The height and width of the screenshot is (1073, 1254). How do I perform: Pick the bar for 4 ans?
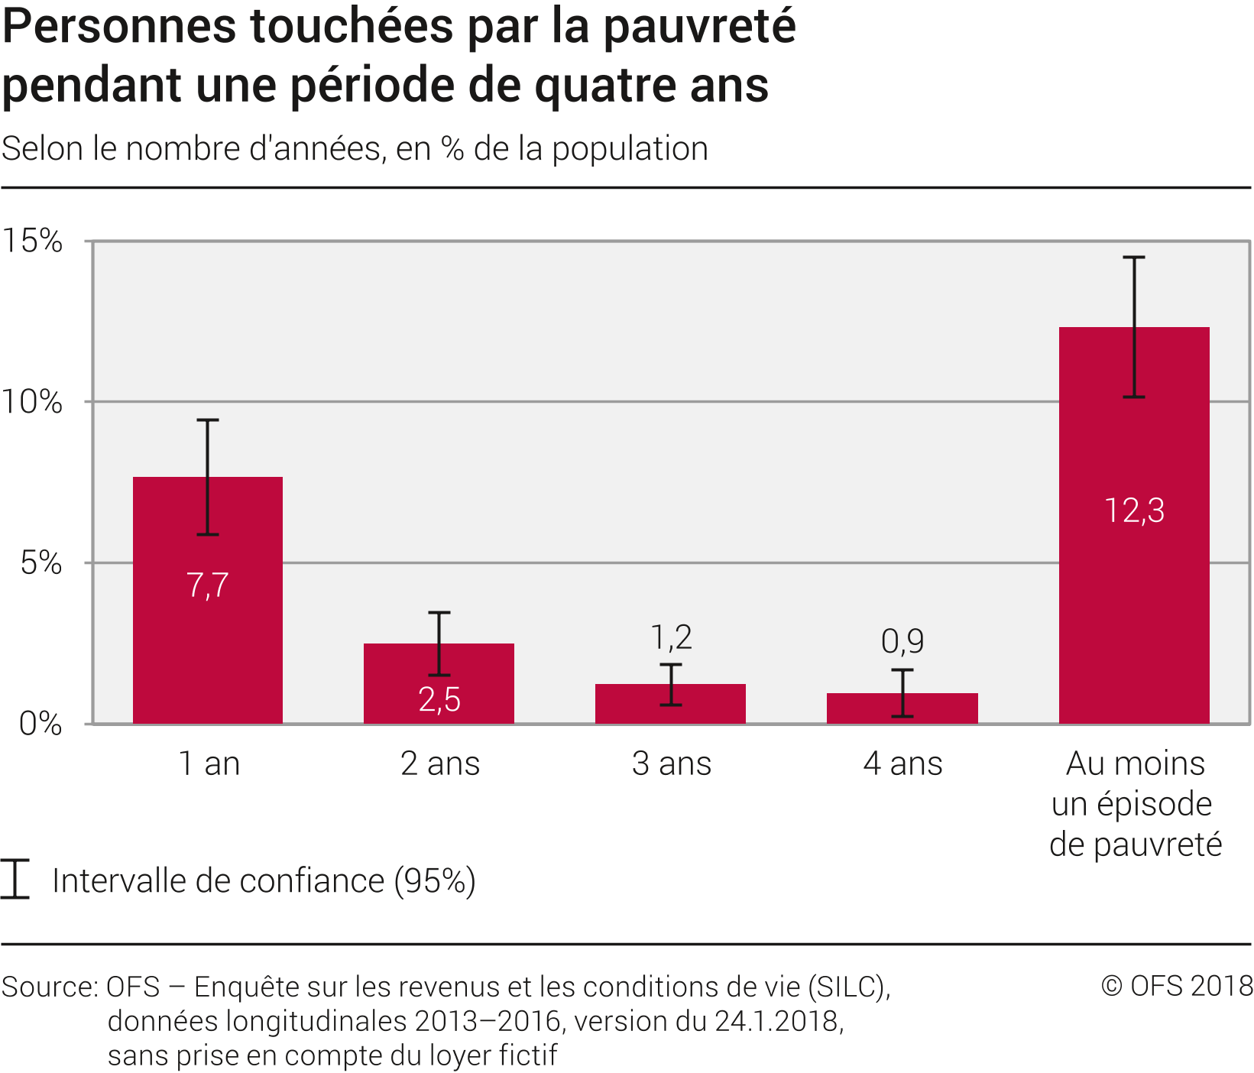902,711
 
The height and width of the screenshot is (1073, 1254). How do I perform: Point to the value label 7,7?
207,585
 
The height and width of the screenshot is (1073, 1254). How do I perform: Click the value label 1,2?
671,637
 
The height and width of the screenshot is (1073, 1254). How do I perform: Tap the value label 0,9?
902,640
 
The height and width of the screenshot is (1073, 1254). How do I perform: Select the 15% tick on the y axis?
32,241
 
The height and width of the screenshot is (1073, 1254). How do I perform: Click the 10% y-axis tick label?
32,402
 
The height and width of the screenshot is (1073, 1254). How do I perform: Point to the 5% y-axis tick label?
41,563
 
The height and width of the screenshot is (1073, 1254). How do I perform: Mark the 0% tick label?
41,723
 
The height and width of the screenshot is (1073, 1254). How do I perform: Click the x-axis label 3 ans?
671,763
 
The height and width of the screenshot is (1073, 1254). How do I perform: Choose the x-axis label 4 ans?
902,763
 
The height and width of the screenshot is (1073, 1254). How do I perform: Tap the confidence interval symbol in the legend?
15,879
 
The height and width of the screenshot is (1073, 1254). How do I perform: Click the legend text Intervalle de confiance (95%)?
264,880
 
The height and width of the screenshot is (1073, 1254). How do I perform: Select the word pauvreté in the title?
699,27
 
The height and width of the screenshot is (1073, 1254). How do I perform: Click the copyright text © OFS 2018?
1176,986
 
